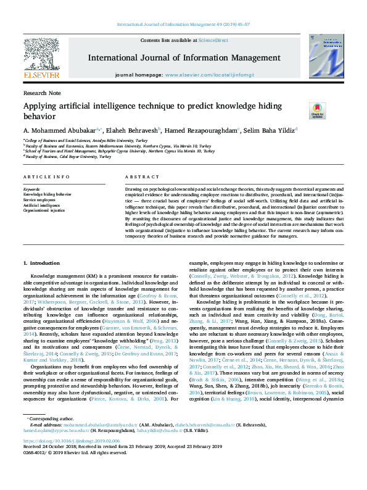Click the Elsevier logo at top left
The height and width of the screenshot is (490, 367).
pyautogui.click(x=41, y=59)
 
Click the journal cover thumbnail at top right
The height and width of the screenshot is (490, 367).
pyautogui.click(x=326, y=58)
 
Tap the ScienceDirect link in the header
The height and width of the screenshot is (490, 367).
pyautogui.click(x=213, y=40)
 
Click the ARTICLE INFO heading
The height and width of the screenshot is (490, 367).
pyautogui.click(x=46, y=176)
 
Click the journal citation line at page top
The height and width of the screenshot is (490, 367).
pyautogui.click(x=183, y=24)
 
